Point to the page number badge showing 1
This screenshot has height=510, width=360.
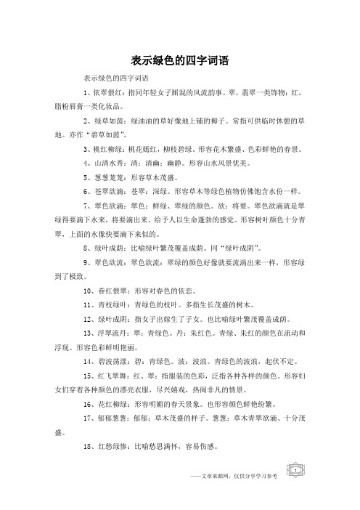(298, 492)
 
